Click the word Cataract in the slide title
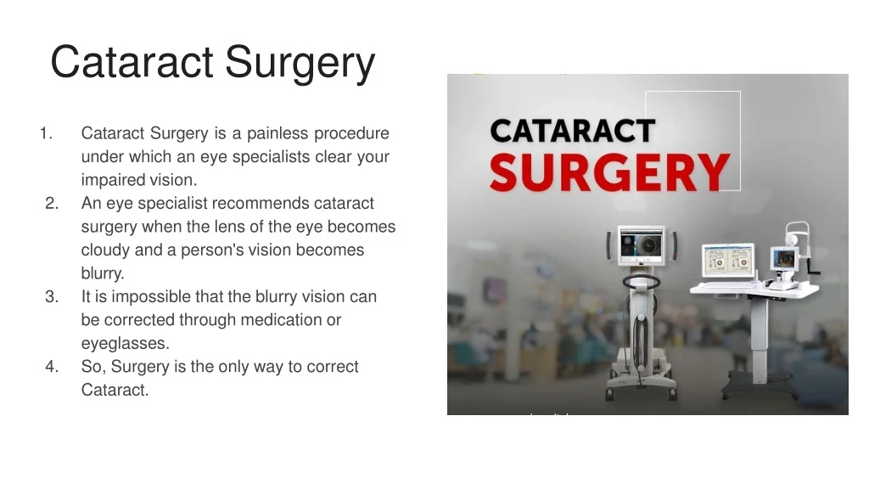pyautogui.click(x=132, y=62)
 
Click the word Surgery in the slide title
pyautogui.click(x=300, y=62)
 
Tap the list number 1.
pyautogui.click(x=46, y=133)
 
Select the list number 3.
pyautogui.click(x=52, y=296)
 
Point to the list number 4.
pyautogui.click(x=52, y=367)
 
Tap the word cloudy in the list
pyautogui.click(x=105, y=250)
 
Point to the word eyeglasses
pyautogui.click(x=126, y=344)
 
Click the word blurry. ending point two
pyautogui.click(x=103, y=273)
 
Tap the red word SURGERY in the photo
pyautogui.click(x=608, y=172)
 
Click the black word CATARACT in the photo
pyautogui.click(x=573, y=132)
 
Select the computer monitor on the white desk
pyautogui.click(x=727, y=261)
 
